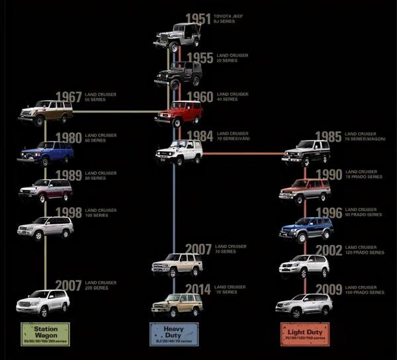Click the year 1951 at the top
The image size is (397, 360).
198,19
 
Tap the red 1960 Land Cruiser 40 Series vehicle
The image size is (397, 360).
178,113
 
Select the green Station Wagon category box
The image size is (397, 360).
45,332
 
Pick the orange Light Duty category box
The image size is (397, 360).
305,332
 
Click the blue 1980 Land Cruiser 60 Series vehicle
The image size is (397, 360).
45,154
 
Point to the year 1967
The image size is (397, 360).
69,97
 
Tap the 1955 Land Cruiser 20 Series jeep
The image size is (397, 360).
177,74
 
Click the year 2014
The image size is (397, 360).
198,289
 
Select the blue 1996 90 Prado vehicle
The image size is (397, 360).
306,229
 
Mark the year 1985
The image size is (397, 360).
328,137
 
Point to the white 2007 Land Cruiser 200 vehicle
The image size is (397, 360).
43,302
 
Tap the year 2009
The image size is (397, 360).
328,289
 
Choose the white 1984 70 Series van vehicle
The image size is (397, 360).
179,152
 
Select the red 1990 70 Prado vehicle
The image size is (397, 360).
304,191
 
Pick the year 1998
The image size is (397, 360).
69,212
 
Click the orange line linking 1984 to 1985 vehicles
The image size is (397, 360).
242,154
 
